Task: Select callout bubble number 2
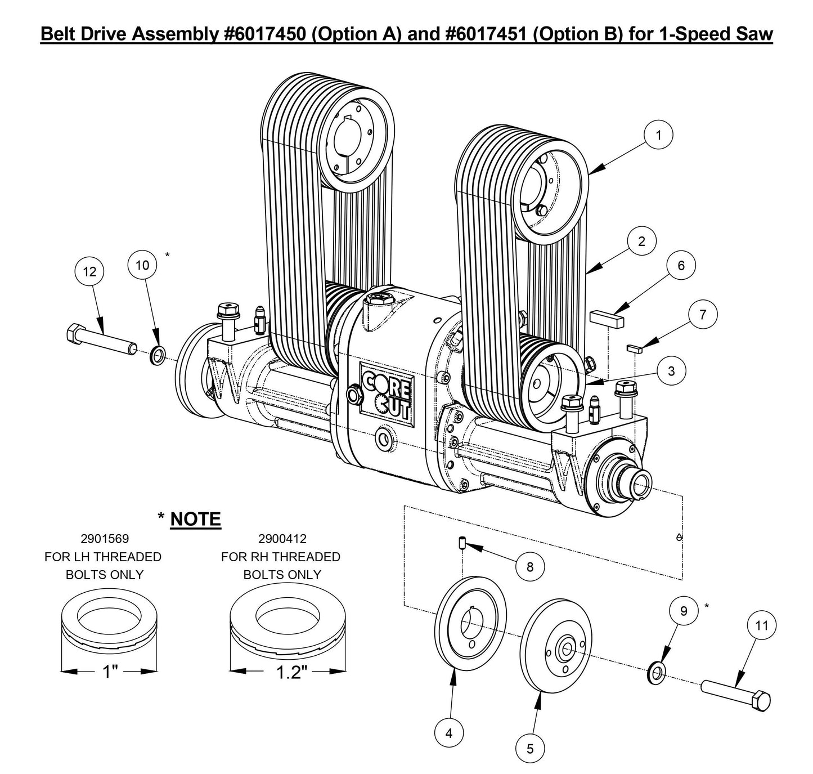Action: [x=641, y=241]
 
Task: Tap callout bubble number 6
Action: [x=681, y=265]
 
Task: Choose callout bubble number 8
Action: [x=530, y=566]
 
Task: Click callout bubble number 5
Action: [x=530, y=748]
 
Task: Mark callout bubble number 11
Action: [x=762, y=625]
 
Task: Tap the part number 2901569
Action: [x=102, y=539]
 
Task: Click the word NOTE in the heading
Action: [x=195, y=518]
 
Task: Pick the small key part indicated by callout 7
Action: [x=635, y=348]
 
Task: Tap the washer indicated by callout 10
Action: [x=157, y=356]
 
